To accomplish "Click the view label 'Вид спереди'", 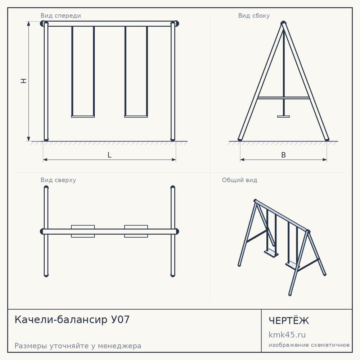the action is tap(60, 15).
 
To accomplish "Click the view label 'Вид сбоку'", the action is tap(254, 15).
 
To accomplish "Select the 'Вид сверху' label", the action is tap(58, 180).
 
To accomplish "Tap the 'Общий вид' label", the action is tap(239, 180).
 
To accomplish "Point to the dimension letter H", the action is tap(24, 81).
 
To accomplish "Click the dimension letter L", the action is tap(109, 155).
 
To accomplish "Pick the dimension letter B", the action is tap(284, 155).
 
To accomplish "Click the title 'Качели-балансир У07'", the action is tap(72, 320).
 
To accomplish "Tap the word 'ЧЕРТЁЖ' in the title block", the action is tap(289, 321).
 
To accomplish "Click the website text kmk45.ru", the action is tap(287, 335).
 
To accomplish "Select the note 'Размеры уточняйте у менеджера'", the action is tap(78, 346).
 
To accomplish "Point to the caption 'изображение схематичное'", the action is tap(309, 345).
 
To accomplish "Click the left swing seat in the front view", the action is tap(83, 116).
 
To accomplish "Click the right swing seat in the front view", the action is tap(136, 116).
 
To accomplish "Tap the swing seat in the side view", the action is tap(284, 116).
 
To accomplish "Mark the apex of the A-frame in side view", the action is tap(284, 22).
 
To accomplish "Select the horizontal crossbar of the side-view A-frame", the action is tap(284, 98).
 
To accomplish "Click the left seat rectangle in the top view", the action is tap(83, 231).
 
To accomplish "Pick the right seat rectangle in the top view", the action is tap(136, 231).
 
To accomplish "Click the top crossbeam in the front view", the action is tap(109, 24).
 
